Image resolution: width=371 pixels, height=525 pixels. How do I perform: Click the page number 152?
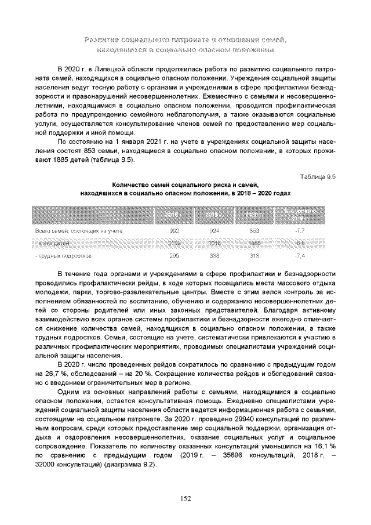[x=185, y=498]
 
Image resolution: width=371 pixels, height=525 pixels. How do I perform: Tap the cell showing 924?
[x=214, y=231]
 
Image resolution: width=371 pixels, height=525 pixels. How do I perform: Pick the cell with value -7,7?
[x=300, y=231]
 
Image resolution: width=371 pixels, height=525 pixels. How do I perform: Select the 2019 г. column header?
[x=214, y=215]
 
